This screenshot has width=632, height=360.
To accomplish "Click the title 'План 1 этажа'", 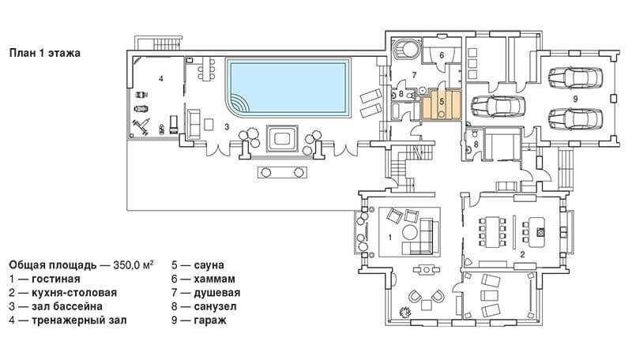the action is [x=45, y=53].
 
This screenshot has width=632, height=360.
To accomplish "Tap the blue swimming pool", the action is [x=288, y=88].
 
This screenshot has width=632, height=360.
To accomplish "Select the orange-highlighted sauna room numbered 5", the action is [x=442, y=105].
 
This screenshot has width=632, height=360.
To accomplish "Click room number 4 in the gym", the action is [x=161, y=78].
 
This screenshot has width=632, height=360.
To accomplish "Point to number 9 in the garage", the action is [x=575, y=98].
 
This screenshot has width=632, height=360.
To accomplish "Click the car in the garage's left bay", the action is [x=498, y=107].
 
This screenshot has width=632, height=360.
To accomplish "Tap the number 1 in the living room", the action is [x=389, y=237].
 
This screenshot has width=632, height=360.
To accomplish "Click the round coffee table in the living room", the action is [x=410, y=233].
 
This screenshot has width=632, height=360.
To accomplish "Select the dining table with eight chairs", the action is [x=491, y=232].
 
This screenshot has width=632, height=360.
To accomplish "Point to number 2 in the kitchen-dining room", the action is [x=522, y=254].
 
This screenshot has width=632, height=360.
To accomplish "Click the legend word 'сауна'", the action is [x=209, y=265].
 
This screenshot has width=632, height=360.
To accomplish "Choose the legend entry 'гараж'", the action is [x=209, y=321].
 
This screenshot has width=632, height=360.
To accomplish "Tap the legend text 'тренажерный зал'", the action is [x=79, y=321].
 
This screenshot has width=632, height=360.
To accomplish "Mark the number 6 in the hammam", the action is [x=442, y=54].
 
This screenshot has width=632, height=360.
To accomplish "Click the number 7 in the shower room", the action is [x=413, y=75].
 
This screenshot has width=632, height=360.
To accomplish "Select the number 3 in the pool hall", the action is [x=227, y=127].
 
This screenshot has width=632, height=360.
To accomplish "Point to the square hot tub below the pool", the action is [x=282, y=138].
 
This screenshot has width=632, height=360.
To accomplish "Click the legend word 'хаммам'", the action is [x=214, y=279].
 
